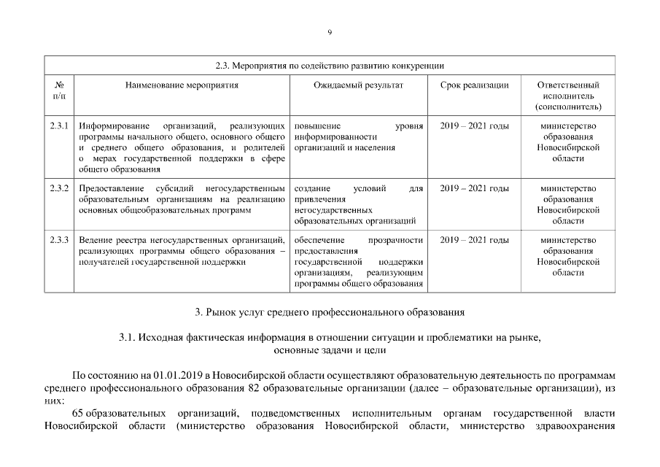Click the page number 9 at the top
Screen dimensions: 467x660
pyautogui.click(x=330, y=32)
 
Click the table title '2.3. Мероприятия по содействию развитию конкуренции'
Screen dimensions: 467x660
pyautogui.click(x=330, y=66)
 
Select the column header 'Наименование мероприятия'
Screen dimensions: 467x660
pyautogui.click(x=182, y=85)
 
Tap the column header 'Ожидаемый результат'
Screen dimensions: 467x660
pyautogui.click(x=358, y=85)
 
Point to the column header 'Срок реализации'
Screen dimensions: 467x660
pyautogui.click(x=475, y=85)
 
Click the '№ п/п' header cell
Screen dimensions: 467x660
pyautogui.click(x=59, y=90)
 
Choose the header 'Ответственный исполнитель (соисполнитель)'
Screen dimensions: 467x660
pyautogui.click(x=567, y=96)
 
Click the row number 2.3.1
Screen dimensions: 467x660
pyautogui.click(x=59, y=126)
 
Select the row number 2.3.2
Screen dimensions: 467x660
pyautogui.click(x=59, y=188)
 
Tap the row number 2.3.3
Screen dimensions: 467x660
pyautogui.click(x=59, y=240)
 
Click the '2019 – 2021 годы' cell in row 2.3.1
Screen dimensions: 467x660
pyautogui.click(x=475, y=126)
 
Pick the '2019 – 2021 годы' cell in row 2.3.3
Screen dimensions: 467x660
pyautogui.click(x=475, y=240)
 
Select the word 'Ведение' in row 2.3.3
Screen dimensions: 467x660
pyautogui.click(x=94, y=240)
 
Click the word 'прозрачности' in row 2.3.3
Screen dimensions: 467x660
pyautogui.click(x=396, y=240)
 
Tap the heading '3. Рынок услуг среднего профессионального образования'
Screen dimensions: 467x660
pyautogui.click(x=330, y=313)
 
